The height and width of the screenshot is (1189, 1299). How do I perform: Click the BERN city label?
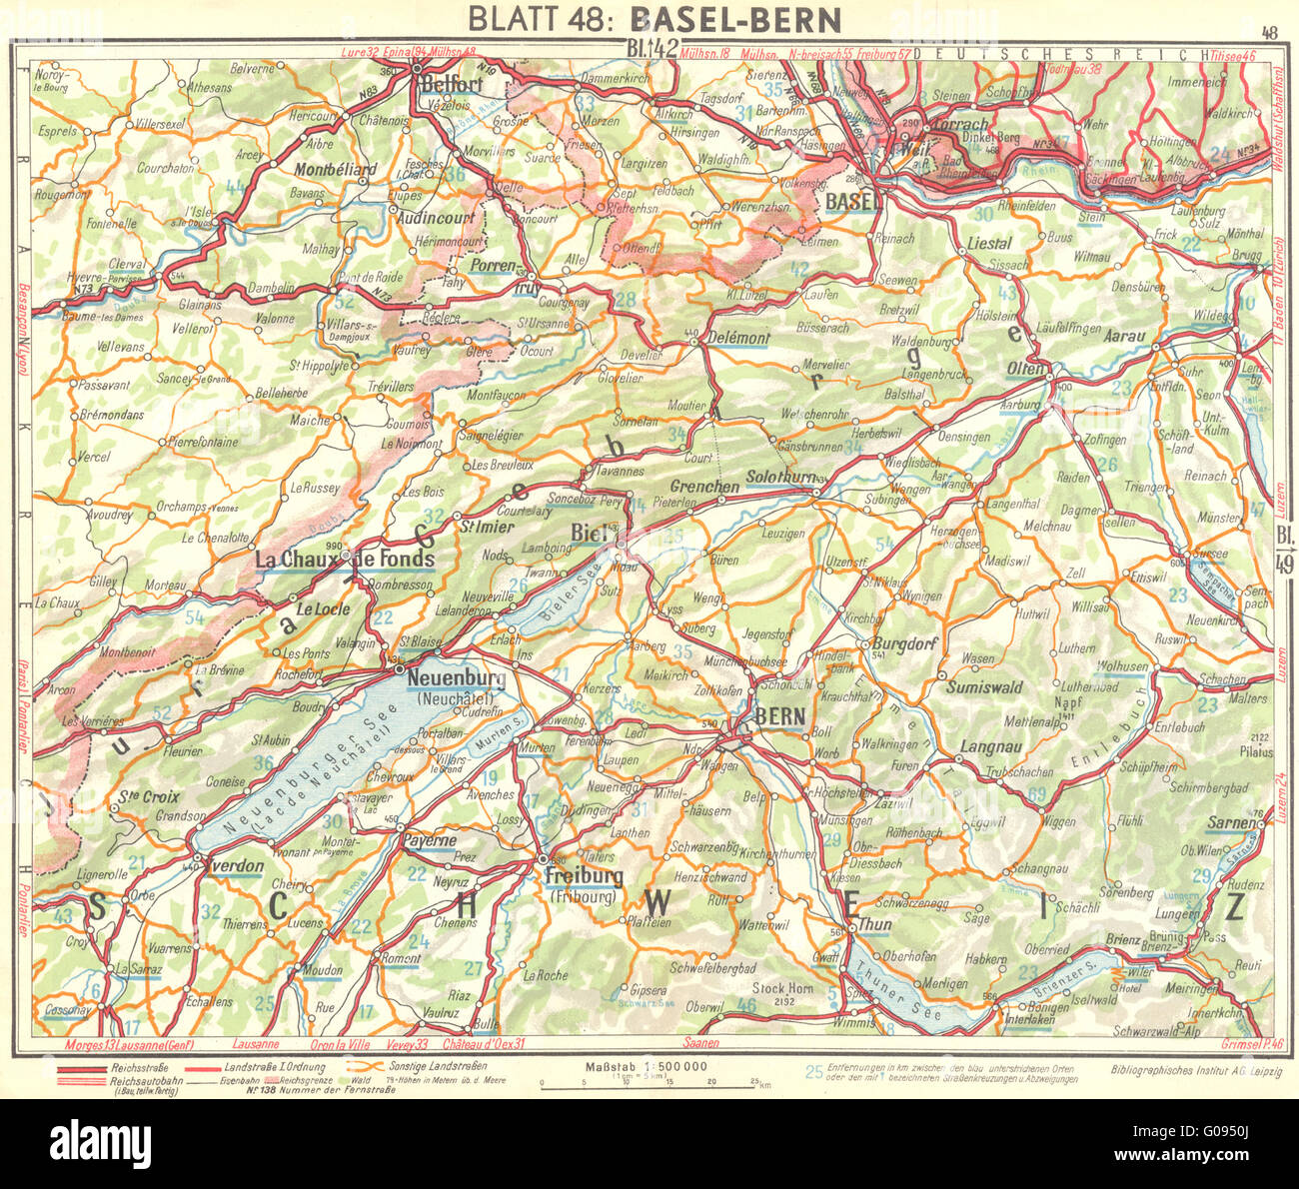(x=779, y=714)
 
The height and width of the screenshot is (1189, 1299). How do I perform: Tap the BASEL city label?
(x=850, y=201)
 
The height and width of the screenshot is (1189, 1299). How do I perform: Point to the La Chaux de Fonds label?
(x=346, y=558)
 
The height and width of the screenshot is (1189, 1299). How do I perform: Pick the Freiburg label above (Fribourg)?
(x=584, y=876)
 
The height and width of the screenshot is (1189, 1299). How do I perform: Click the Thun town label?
(x=875, y=925)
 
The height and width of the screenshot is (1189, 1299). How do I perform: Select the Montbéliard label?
(x=336, y=170)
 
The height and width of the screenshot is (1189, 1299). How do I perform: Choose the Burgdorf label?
(x=905, y=643)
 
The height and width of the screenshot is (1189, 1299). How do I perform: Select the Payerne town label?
(x=430, y=840)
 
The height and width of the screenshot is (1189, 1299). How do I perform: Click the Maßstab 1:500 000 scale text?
(x=649, y=1066)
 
